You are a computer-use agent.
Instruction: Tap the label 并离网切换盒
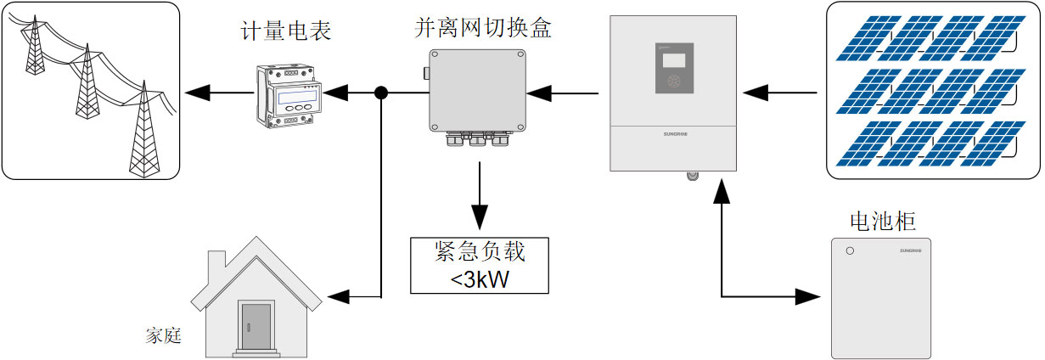(482, 26)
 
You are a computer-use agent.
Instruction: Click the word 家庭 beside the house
(163, 335)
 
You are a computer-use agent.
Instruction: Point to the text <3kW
(479, 278)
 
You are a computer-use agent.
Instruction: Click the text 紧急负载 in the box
(479, 251)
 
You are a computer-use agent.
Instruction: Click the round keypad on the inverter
(675, 83)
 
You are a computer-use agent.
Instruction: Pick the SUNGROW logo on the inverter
(674, 133)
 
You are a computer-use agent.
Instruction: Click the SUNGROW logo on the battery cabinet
(915, 251)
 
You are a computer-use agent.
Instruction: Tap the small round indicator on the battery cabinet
(848, 250)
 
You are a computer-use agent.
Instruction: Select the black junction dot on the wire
(382, 92)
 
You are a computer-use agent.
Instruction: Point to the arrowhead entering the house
(338, 296)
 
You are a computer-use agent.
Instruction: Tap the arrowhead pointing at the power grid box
(197, 92)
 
